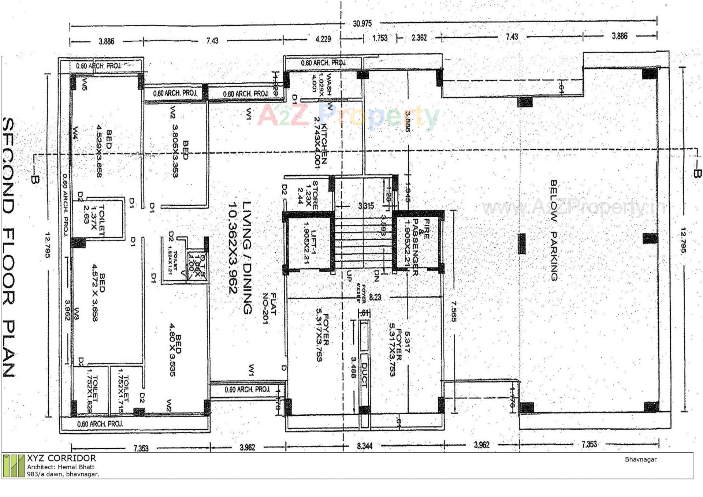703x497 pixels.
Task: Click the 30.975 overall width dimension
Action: [362, 23]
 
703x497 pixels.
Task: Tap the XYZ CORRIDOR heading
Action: [61, 458]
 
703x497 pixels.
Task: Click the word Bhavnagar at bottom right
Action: [640, 459]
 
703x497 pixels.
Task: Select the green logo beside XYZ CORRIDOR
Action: [14, 466]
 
